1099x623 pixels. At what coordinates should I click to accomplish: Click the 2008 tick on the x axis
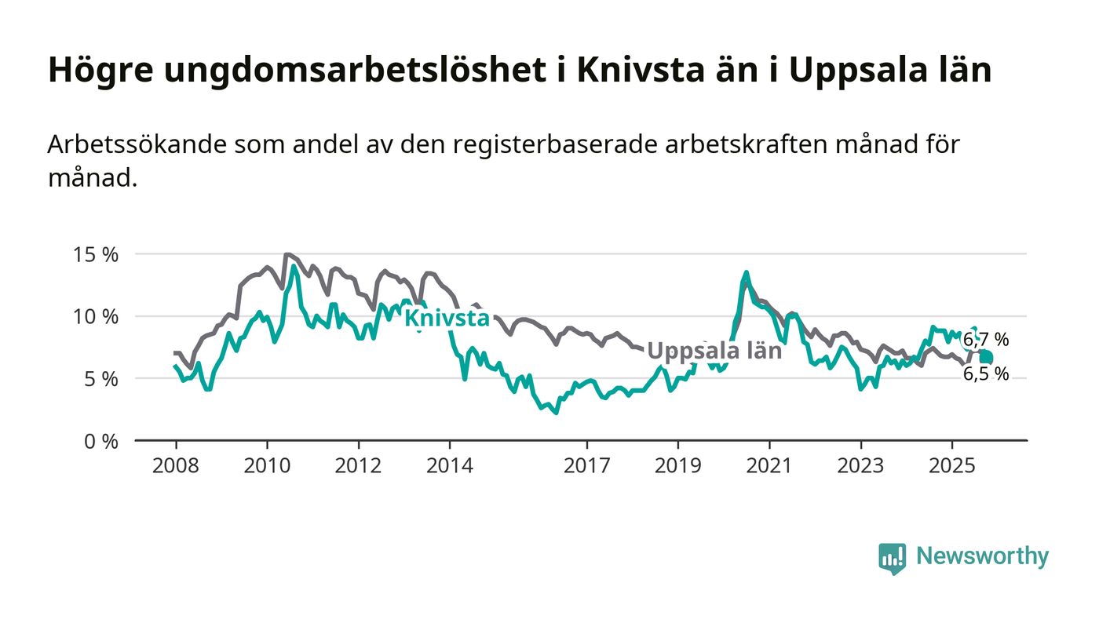click(x=175, y=465)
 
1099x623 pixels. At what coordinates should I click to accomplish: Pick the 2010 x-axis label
click(x=267, y=465)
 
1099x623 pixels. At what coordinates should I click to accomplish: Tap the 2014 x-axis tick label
click(x=450, y=465)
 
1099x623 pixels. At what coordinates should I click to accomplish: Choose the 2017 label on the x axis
click(x=586, y=465)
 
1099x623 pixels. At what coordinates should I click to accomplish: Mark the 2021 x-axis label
click(x=769, y=465)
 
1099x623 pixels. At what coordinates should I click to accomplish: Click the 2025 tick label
click(x=951, y=465)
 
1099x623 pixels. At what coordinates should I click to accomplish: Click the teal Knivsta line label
click(x=446, y=319)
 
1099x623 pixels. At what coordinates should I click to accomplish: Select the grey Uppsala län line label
click(x=714, y=351)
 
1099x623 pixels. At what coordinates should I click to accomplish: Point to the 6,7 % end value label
click(x=986, y=341)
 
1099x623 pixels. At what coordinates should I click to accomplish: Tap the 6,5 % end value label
click(x=986, y=374)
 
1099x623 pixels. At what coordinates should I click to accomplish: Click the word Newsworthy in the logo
click(x=982, y=556)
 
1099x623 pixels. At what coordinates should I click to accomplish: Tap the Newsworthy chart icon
click(x=892, y=558)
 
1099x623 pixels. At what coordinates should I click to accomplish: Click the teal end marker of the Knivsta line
click(x=986, y=358)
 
